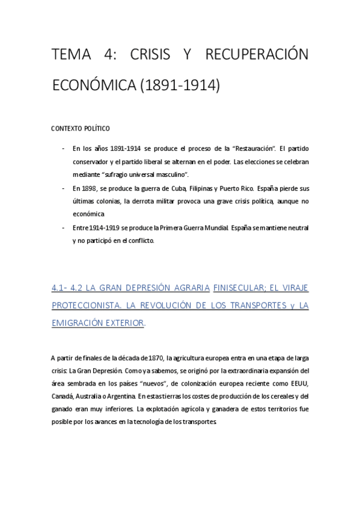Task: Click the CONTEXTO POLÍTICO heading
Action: click(80, 128)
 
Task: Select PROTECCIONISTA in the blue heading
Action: click(88, 306)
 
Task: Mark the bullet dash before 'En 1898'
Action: click(64, 188)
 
